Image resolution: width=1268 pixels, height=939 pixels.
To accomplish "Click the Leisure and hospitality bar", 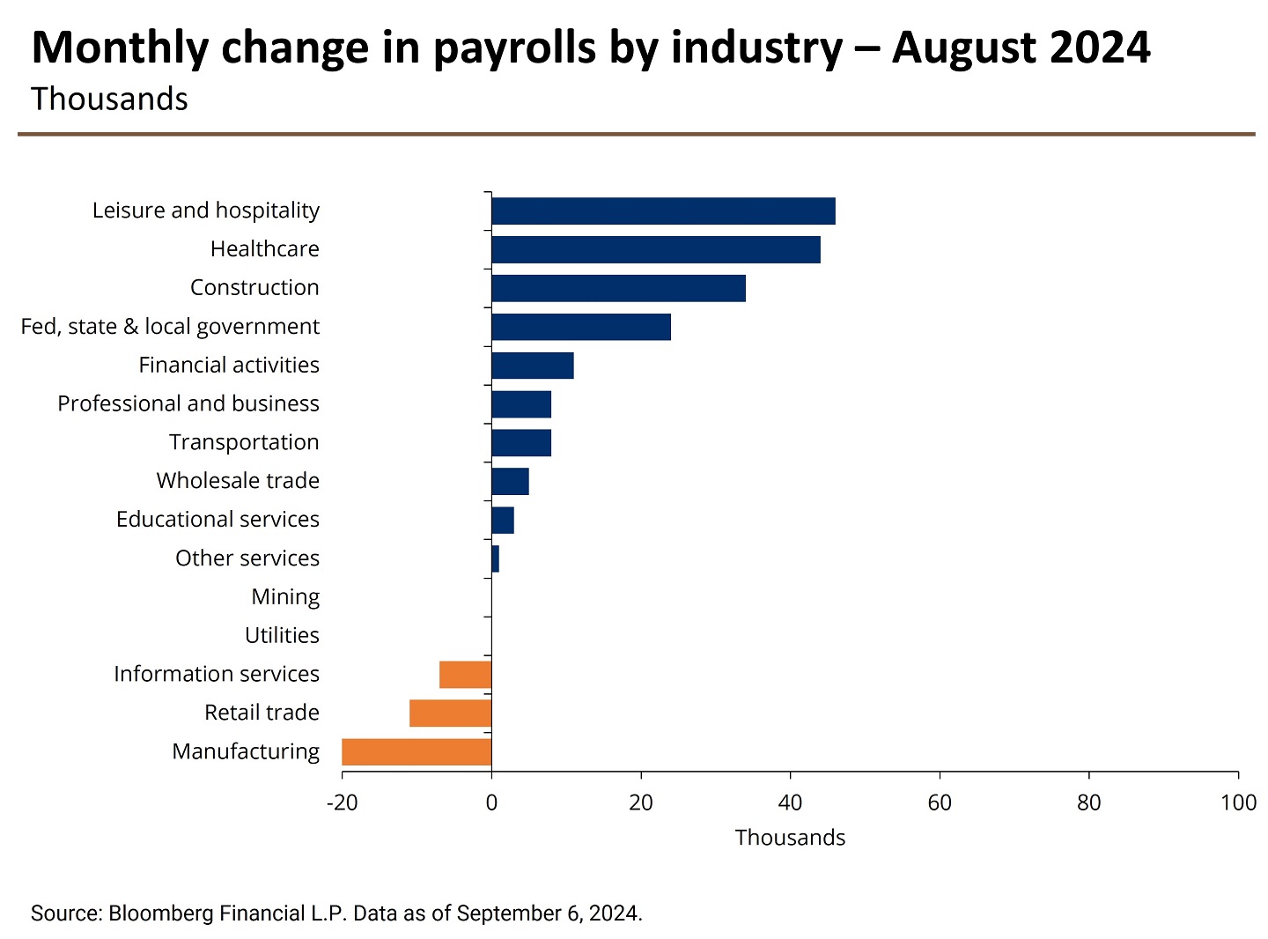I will tap(663, 211).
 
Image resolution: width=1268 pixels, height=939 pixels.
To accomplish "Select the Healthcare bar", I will tap(656, 250).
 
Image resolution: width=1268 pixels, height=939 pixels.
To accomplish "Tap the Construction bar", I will tap(618, 288).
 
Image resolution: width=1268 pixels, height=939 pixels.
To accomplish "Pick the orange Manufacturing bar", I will tap(417, 752).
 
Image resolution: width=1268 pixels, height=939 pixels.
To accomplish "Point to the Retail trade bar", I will tap(450, 713).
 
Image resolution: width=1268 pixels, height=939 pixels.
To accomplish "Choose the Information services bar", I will tap(465, 675).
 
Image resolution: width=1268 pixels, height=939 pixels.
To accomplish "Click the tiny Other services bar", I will tap(496, 558).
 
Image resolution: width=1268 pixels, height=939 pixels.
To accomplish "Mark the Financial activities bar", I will tap(533, 366).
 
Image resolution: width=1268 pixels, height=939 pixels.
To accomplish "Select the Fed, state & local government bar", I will tap(581, 327).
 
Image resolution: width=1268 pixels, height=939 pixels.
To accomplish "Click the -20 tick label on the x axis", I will tap(342, 802).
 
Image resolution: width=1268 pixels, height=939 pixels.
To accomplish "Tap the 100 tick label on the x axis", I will tap(1238, 802).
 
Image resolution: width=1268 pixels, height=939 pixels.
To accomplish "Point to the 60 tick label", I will tap(940, 802).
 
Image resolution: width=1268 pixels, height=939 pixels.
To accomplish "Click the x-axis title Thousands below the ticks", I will tap(790, 838).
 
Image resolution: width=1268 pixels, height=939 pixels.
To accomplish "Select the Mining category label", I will tap(285, 597).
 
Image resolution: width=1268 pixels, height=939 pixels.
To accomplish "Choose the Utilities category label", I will tap(282, 636).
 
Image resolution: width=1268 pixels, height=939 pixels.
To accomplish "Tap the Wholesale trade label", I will tap(238, 481).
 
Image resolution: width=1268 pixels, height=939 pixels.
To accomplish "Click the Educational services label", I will tap(217, 520).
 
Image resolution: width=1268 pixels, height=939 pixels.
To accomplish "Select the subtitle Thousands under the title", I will tap(109, 100).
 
